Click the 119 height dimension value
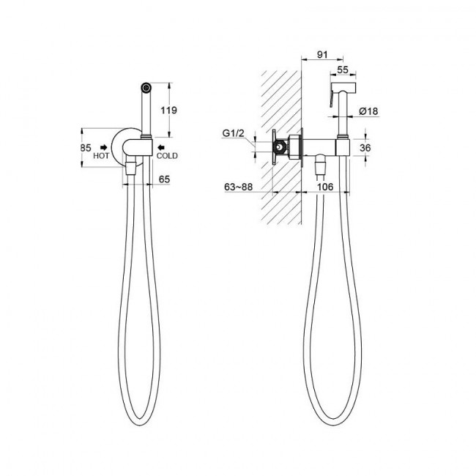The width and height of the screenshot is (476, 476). [x=168, y=110]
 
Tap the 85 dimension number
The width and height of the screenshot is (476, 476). [x=86, y=148]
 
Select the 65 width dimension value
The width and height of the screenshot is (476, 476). [x=164, y=179]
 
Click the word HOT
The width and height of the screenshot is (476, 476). [x=101, y=156]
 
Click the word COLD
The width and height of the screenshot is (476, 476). [x=167, y=156]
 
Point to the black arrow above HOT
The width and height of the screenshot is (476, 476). [x=104, y=147]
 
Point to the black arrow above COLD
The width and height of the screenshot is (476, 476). [x=160, y=147]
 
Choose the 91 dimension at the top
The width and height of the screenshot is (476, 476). [x=322, y=55]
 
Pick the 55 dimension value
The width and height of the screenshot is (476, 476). [x=343, y=70]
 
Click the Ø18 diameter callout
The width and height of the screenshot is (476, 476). [x=368, y=111]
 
